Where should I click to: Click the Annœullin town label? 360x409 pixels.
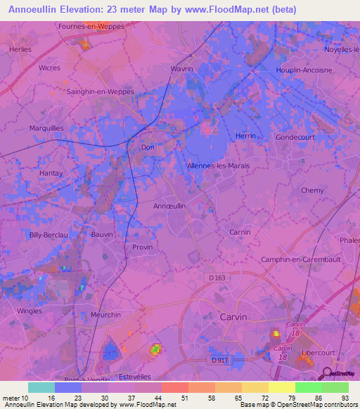point(169,206)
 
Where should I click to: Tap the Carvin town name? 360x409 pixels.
point(233,317)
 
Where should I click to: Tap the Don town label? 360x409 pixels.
point(148,148)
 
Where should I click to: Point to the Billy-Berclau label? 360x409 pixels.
point(48,235)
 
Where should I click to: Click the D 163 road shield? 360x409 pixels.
point(219,278)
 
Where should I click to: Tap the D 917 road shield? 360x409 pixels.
point(220,361)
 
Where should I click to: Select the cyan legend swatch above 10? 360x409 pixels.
point(41,387)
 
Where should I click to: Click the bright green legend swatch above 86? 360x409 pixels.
point(308,387)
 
